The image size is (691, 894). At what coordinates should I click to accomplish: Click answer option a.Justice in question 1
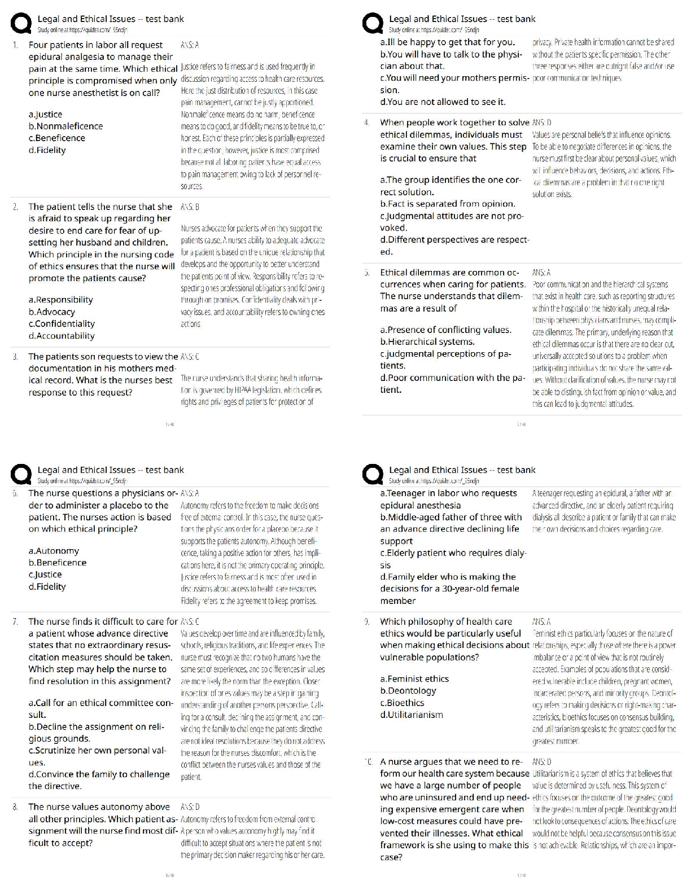click(45, 115)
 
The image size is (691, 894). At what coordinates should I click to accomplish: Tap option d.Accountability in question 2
click(62, 336)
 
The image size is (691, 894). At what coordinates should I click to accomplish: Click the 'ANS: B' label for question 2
click(190, 207)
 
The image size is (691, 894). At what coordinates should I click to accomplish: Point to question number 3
click(15, 357)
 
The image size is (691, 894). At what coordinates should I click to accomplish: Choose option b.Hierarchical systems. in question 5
click(427, 341)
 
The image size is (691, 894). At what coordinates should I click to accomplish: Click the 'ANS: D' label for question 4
click(542, 122)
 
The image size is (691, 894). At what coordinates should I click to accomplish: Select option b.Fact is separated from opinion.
click(448, 204)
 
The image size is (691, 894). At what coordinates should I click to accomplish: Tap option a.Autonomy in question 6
click(54, 551)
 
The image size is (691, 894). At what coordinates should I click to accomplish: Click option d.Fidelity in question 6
click(47, 587)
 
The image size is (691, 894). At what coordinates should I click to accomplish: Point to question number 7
click(15, 621)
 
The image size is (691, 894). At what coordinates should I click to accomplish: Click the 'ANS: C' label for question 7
click(190, 621)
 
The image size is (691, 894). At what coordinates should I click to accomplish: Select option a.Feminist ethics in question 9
click(414, 679)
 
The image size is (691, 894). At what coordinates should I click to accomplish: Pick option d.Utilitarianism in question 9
click(412, 715)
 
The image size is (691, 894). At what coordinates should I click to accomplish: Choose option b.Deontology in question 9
click(408, 691)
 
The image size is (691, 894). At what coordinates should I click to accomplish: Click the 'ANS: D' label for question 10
click(542, 762)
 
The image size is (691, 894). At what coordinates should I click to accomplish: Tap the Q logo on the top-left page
click(21, 25)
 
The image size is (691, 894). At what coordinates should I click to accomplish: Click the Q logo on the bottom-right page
click(373, 476)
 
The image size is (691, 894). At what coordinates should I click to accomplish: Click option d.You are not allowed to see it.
click(443, 102)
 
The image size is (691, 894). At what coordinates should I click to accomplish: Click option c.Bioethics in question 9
click(402, 703)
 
